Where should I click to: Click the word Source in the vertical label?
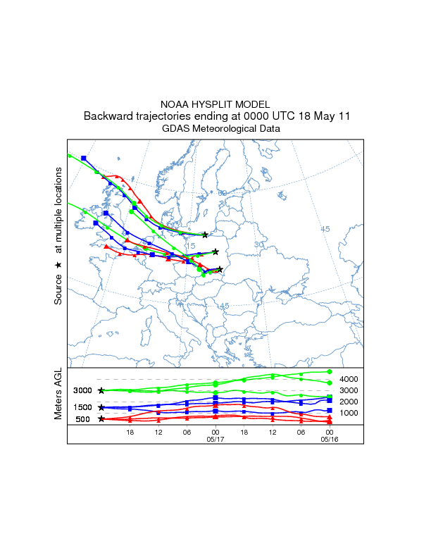(58, 290)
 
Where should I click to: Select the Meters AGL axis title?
(58, 396)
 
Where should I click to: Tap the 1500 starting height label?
(83, 407)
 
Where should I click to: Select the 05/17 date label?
(216, 439)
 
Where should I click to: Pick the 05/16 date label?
(329, 439)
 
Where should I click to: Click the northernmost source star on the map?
(205, 235)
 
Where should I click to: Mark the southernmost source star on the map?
(220, 269)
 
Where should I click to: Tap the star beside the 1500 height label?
(102, 407)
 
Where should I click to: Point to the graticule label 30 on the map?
(258, 244)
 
